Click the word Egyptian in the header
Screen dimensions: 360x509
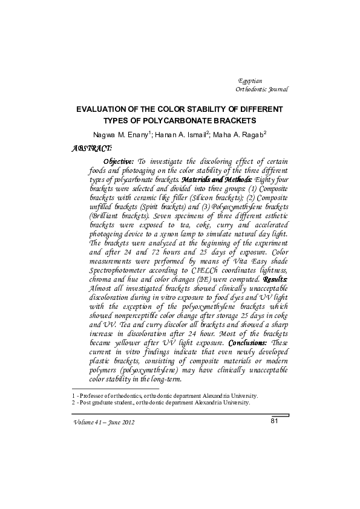(250, 80)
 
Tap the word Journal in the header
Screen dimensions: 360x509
(277, 89)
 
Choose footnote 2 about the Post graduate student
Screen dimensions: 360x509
(160, 403)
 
